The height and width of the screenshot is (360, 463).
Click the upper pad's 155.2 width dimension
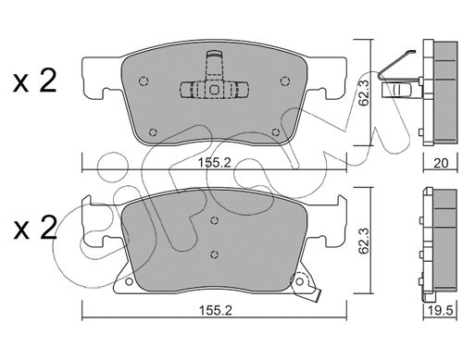[x=214, y=162]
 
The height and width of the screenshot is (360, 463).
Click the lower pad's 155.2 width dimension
[x=214, y=310]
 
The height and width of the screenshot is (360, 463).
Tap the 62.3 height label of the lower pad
[x=365, y=241]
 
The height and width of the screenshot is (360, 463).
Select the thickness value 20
[x=441, y=163]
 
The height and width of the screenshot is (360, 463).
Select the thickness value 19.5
[x=441, y=311]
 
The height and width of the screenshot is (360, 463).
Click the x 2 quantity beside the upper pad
[x=35, y=81]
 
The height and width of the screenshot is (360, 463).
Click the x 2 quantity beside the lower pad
[x=35, y=228]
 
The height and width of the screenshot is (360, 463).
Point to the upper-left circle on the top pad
[x=144, y=81]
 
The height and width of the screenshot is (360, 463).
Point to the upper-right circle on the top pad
[x=284, y=81]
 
